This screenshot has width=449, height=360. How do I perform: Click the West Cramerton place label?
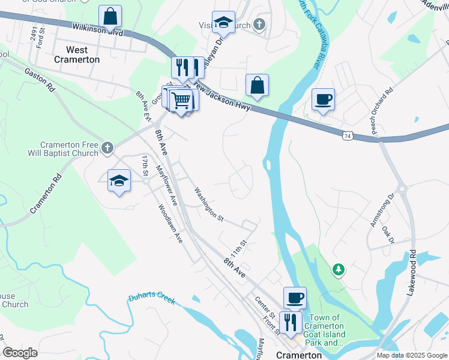[77, 55]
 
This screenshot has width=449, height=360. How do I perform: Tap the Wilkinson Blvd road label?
[98, 29]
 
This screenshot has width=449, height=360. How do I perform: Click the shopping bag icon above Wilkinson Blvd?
[110, 16]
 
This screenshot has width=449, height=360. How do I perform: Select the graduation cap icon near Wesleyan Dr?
[223, 22]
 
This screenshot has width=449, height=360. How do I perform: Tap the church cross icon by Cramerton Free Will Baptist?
[107, 148]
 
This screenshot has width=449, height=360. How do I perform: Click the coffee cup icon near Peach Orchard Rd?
[323, 100]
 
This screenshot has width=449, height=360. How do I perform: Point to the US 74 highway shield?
[348, 136]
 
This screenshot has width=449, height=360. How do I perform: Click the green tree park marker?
[339, 270]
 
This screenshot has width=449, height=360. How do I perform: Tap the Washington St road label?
[208, 205]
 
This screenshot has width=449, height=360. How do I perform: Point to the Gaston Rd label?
[40, 79]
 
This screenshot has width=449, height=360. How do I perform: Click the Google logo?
[20, 352]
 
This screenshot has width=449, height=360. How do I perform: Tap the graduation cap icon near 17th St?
[119, 181]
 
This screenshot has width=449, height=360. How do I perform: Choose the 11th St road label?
[240, 247]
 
